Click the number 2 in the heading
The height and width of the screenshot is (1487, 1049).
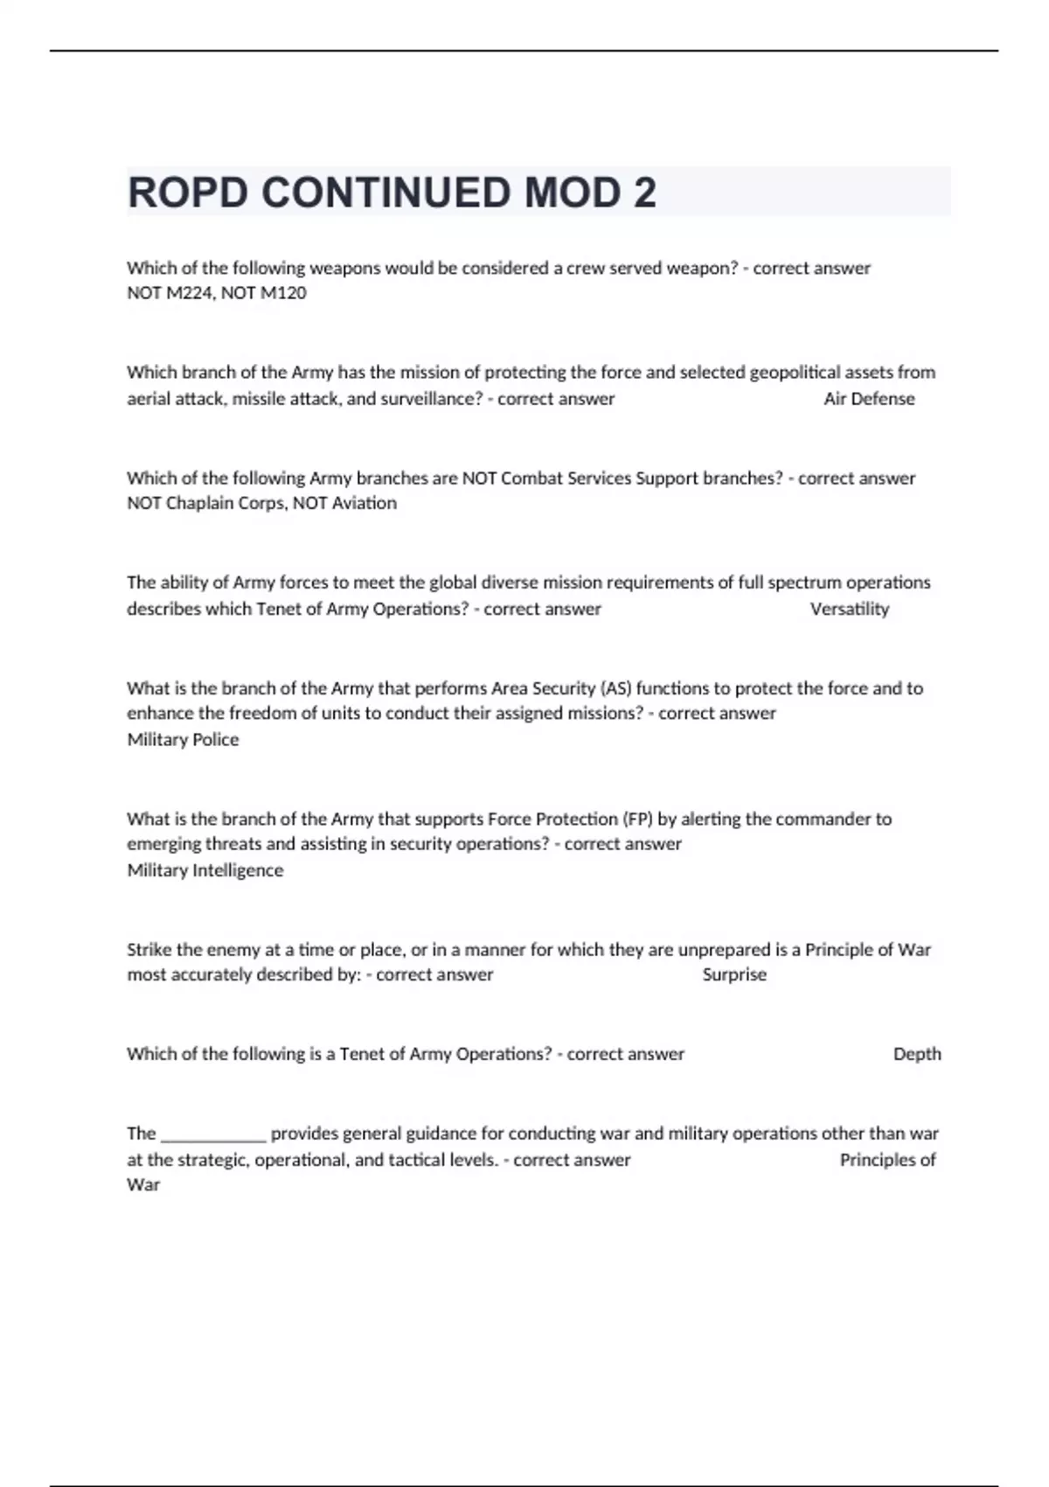[x=644, y=192]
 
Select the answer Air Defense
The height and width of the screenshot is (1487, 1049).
[x=869, y=399]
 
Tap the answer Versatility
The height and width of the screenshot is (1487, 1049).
[x=849, y=609]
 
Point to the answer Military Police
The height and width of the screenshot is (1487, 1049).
[x=183, y=739]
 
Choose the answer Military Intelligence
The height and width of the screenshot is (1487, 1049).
[x=205, y=870]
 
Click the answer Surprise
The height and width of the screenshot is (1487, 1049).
[x=734, y=974]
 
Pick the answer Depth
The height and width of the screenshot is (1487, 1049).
[x=917, y=1054]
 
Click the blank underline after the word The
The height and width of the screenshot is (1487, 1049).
[x=213, y=1135]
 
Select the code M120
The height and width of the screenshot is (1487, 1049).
[x=283, y=293]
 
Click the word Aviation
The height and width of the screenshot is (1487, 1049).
[x=364, y=503]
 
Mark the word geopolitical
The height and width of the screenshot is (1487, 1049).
[x=795, y=373]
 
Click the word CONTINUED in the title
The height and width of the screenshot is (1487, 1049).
[x=386, y=192]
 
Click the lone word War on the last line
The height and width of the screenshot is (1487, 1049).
[x=143, y=1185]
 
